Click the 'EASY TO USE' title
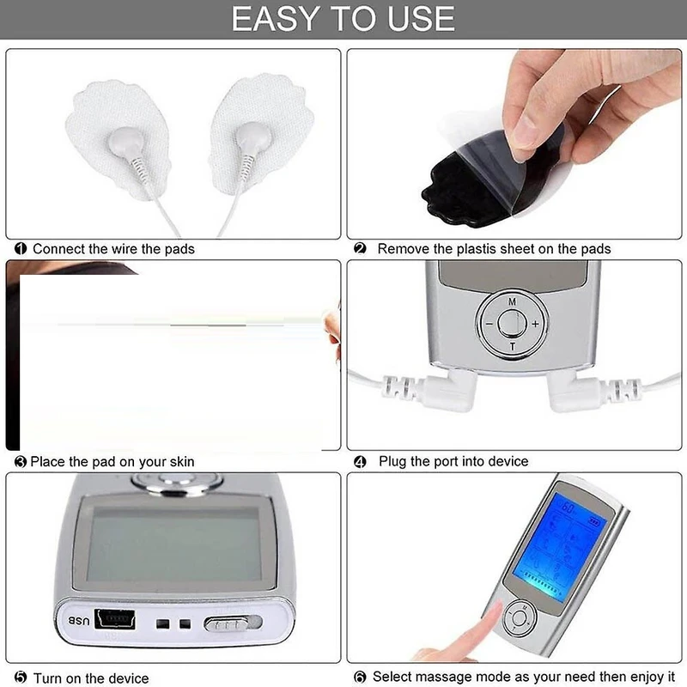343,19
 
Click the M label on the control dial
512,301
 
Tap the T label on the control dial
512,347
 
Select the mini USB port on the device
115,619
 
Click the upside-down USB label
79,621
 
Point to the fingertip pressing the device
493,614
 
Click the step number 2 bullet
360,248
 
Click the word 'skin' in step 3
179,461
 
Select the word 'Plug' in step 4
392,462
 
